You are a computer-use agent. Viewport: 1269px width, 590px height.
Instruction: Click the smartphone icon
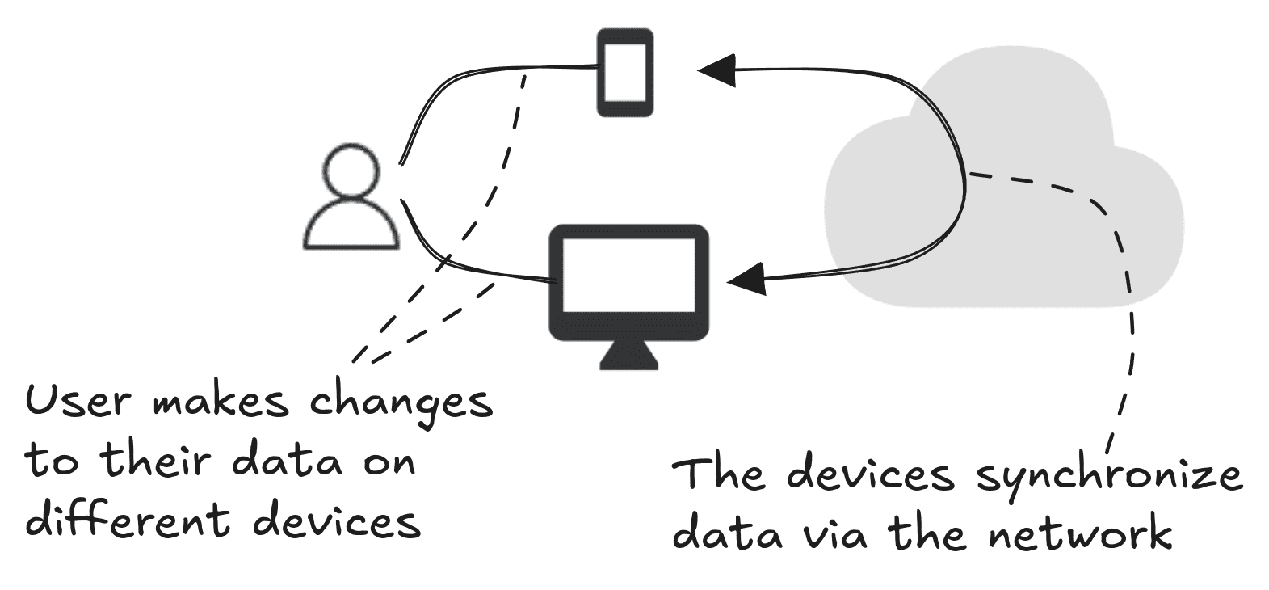point(624,73)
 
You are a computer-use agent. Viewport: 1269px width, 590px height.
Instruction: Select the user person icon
point(351,198)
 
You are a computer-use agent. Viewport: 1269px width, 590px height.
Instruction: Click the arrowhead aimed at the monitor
point(746,280)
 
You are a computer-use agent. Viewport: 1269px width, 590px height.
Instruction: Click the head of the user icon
point(351,170)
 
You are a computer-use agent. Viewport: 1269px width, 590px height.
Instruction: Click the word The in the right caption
point(718,474)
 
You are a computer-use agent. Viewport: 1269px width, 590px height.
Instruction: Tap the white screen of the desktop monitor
point(628,275)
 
